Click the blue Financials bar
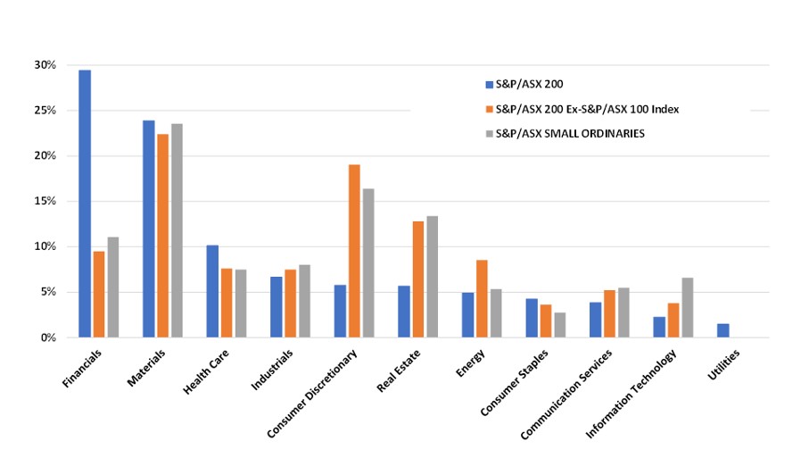coord(85,204)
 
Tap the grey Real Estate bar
coord(432,277)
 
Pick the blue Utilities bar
coord(722,330)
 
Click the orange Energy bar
coord(482,298)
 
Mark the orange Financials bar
coord(98,294)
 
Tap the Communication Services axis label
coord(570,393)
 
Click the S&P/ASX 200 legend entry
coord(525,84)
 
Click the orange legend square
coord(489,109)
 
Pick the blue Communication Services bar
coord(595,320)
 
